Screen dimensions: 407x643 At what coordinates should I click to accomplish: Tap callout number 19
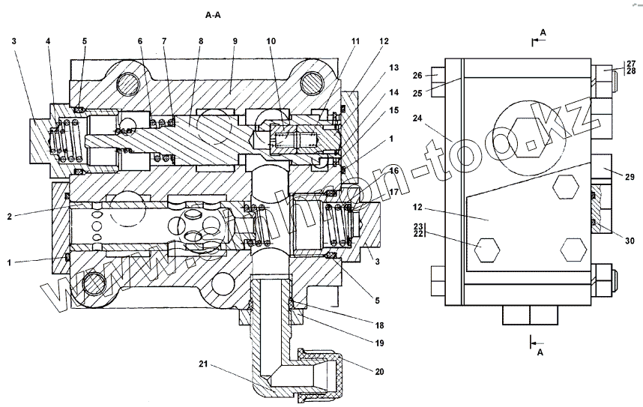point(381,343)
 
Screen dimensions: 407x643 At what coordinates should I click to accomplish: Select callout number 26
point(419,74)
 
